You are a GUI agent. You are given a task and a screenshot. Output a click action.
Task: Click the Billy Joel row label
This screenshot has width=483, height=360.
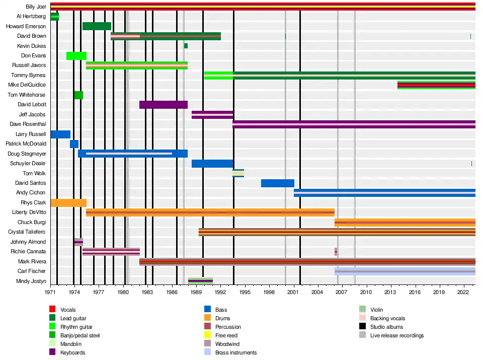point(36,7)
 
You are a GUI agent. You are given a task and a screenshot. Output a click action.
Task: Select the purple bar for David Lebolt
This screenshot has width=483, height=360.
point(163,105)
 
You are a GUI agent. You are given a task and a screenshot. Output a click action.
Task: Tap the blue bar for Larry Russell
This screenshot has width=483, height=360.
point(60,134)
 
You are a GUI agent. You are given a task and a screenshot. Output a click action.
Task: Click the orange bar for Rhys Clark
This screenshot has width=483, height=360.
point(68,203)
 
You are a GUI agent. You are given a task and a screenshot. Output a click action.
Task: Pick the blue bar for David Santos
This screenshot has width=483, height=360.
point(277,183)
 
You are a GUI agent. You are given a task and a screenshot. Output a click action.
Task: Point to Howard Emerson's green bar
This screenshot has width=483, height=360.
point(97,26)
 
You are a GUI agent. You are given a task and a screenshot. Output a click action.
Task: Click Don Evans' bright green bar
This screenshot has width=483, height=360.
point(76,56)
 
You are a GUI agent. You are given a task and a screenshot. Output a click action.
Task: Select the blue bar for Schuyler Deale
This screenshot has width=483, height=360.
point(212,164)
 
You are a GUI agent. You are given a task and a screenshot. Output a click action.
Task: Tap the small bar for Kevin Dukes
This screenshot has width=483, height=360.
point(186,46)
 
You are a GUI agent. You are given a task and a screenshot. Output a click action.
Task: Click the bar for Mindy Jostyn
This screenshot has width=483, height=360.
point(200,281)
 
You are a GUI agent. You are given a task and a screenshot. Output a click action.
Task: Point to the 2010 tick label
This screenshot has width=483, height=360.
point(366,292)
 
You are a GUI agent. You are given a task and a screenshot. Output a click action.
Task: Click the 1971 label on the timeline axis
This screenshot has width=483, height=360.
point(50,292)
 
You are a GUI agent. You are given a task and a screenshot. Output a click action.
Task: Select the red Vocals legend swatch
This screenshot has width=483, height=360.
point(52,310)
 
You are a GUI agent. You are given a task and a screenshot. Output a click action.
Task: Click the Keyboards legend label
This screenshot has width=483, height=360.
point(72,352)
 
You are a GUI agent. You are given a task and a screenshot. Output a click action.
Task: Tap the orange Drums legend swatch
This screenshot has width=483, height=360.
point(207,318)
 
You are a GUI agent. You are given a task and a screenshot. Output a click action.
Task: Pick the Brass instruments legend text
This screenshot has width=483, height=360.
point(235,352)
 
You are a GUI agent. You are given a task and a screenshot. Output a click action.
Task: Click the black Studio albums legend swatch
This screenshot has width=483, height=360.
point(362,327)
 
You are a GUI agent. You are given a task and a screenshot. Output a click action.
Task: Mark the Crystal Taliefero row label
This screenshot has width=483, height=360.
point(27,232)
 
